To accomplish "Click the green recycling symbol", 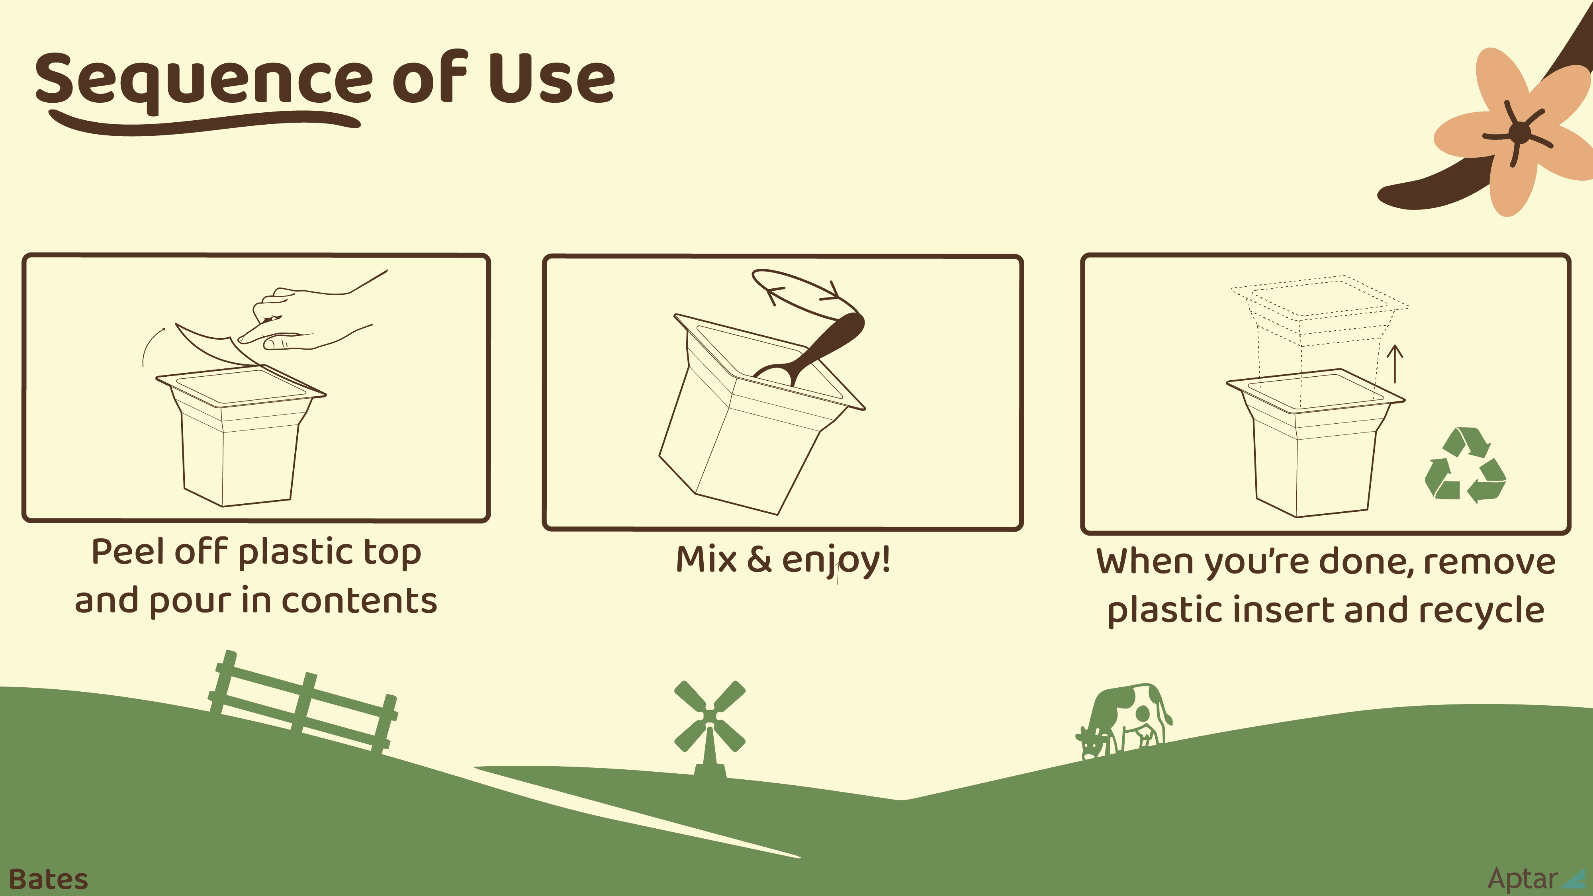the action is (1464, 465).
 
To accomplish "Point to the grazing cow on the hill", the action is (1123, 720).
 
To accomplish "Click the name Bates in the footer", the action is (48, 879).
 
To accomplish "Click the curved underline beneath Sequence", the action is (204, 122).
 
